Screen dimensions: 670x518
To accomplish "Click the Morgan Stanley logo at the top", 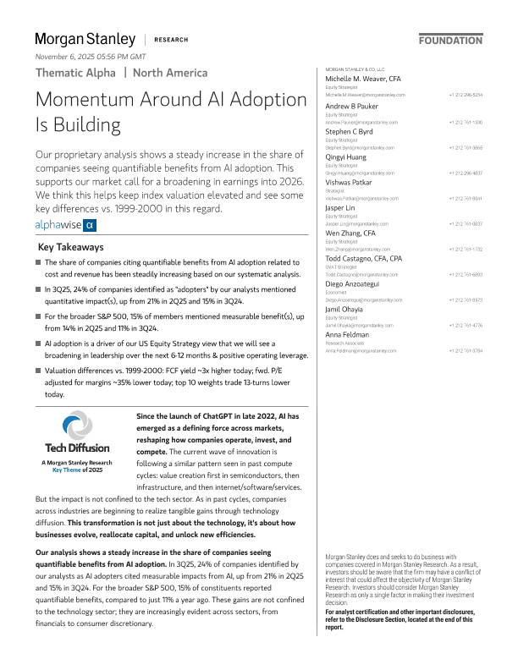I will coord(85,39).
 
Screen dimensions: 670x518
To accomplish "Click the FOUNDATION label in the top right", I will coord(451,40).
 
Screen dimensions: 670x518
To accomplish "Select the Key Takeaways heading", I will coord(71,247).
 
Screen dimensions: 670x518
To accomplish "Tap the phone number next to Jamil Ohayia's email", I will coord(466,325).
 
